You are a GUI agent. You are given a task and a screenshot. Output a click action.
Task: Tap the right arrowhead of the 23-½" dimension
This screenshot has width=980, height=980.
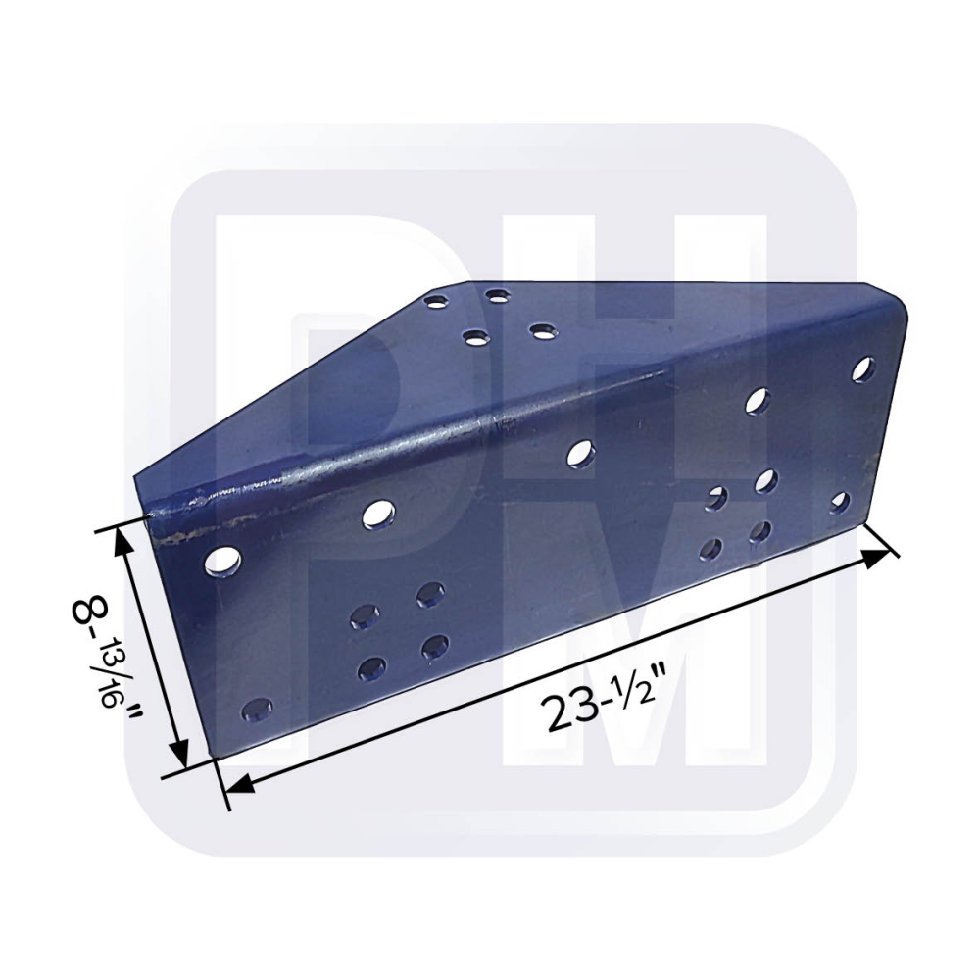tap(876, 557)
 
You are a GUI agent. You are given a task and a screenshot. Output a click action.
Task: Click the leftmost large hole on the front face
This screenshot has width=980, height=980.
tap(223, 562)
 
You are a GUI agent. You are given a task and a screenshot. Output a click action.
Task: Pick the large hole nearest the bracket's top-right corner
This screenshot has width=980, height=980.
tap(863, 368)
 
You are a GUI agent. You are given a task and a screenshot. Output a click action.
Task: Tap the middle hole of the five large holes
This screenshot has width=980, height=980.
tap(581, 453)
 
